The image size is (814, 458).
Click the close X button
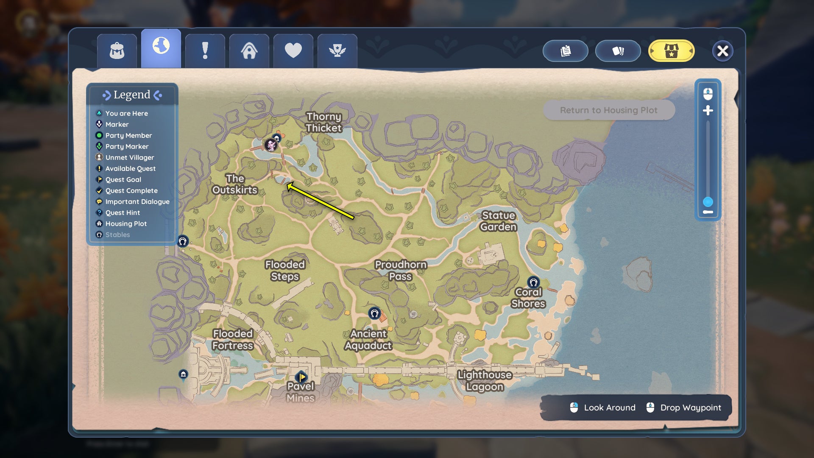point(722,51)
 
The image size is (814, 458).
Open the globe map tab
point(161,46)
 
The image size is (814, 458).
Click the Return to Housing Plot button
point(609,110)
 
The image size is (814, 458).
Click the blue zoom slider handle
point(708,202)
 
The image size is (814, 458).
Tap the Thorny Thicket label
point(324,122)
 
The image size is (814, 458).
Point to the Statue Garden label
point(499,221)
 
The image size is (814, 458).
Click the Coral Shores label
point(528,298)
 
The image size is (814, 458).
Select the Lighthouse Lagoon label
point(485,381)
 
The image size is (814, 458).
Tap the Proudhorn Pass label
point(401,270)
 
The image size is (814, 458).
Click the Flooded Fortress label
point(233,340)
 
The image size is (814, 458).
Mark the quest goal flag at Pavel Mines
point(301,377)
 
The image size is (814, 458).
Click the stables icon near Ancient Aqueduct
point(374,313)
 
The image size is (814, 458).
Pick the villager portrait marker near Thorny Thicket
point(270,145)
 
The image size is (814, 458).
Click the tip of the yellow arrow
point(288,184)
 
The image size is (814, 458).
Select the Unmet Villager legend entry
point(129,157)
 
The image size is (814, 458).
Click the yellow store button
point(671,51)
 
